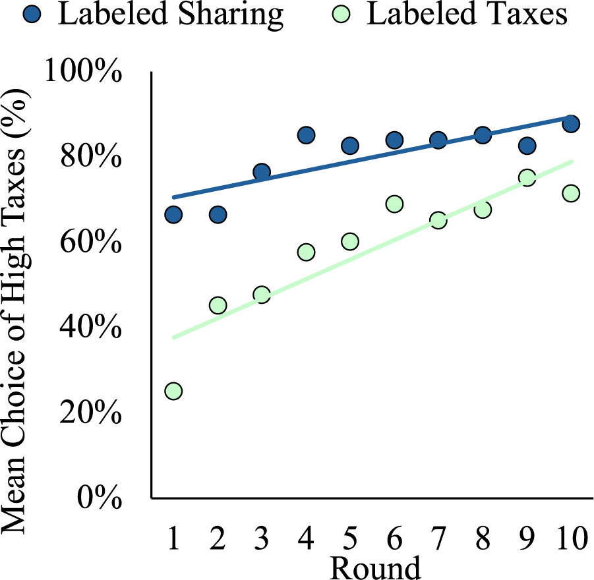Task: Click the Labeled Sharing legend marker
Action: [x=33, y=14]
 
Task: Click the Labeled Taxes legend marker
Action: [x=342, y=14]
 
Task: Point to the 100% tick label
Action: [x=83, y=71]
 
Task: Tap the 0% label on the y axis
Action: [x=100, y=497]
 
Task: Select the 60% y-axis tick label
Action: [x=91, y=241]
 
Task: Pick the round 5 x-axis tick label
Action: [x=350, y=538]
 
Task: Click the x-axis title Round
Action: [x=375, y=567]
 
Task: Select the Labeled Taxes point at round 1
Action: [x=173, y=391]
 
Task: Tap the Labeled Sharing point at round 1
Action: [x=173, y=215]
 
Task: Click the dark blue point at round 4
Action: [x=306, y=135]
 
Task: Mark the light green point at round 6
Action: [x=394, y=204]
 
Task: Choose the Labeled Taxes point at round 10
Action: [x=571, y=193]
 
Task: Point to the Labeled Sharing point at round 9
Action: [x=527, y=146]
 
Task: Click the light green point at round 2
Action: [x=218, y=305]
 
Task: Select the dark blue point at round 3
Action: [x=262, y=172]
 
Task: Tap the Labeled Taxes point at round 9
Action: [x=527, y=177]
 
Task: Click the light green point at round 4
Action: [x=306, y=252]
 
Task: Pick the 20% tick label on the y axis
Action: [x=91, y=412]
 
